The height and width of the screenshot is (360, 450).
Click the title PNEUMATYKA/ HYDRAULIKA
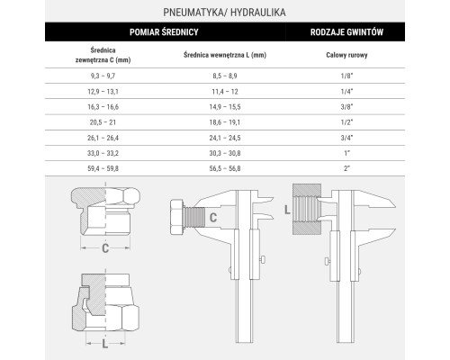pyautogui.click(x=224, y=13)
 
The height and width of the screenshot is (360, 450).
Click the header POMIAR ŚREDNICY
pyautogui.click(x=164, y=32)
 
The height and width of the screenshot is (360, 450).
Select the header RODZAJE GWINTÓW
pyautogui.click(x=346, y=32)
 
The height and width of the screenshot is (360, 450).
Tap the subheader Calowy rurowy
pyautogui.click(x=346, y=55)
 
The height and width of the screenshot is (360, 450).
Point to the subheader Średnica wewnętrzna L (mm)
pyautogui.click(x=225, y=55)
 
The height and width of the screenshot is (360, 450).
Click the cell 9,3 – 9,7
pyautogui.click(x=103, y=76)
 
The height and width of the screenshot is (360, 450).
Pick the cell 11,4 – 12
pyautogui.click(x=225, y=92)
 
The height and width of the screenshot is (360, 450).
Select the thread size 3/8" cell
pyautogui.click(x=346, y=107)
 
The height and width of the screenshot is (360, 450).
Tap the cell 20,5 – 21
pyautogui.click(x=103, y=122)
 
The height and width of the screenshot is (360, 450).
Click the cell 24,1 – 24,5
pyautogui.click(x=225, y=138)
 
